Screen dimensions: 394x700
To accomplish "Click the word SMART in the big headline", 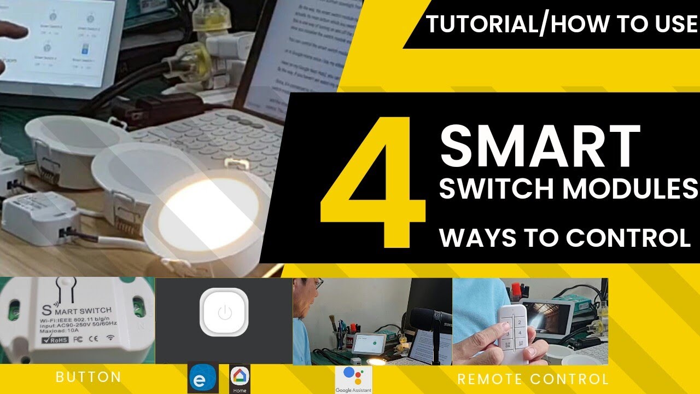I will (540, 146).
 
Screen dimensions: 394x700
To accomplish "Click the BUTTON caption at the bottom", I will (89, 377).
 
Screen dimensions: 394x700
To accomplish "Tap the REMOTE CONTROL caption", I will (533, 379).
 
